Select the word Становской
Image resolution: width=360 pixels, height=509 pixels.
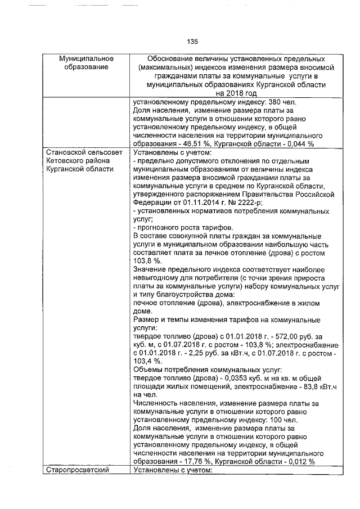point(67,152)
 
